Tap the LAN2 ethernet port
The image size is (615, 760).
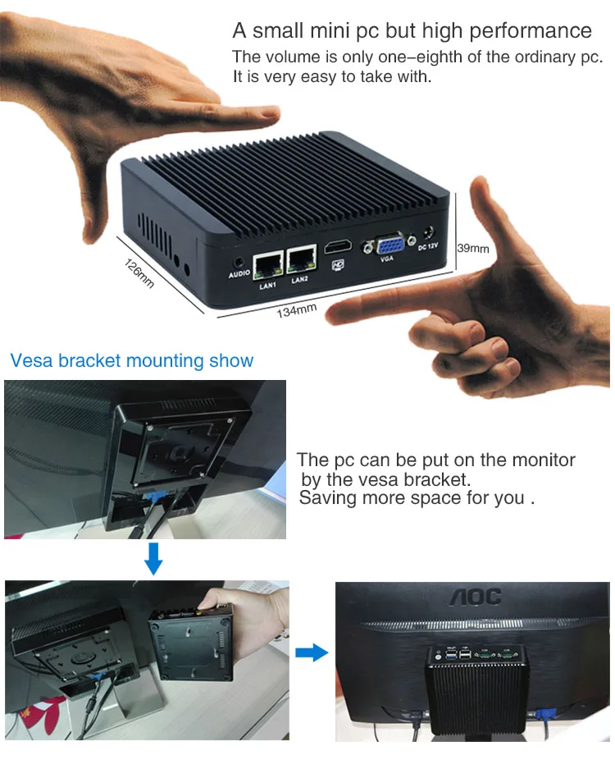point(301,259)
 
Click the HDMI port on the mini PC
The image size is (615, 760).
point(338,247)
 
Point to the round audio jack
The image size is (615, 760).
point(239,263)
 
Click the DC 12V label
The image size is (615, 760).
point(428,247)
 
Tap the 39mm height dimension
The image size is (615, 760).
point(472,248)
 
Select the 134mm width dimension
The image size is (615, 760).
point(297,310)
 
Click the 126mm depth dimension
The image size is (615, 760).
point(139,274)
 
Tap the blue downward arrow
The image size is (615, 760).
point(153,559)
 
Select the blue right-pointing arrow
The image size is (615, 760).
point(312,652)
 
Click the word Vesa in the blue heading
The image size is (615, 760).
point(31,360)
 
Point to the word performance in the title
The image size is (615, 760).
point(531,30)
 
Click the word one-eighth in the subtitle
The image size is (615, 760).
point(421,57)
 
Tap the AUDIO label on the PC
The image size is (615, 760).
point(239,274)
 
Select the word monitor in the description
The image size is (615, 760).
point(544,460)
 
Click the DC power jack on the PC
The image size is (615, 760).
point(428,232)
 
